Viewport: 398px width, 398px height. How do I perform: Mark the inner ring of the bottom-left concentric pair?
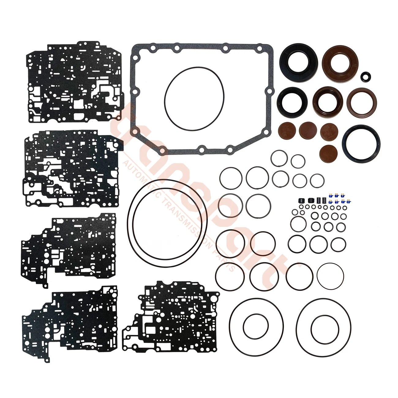point(255,327)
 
